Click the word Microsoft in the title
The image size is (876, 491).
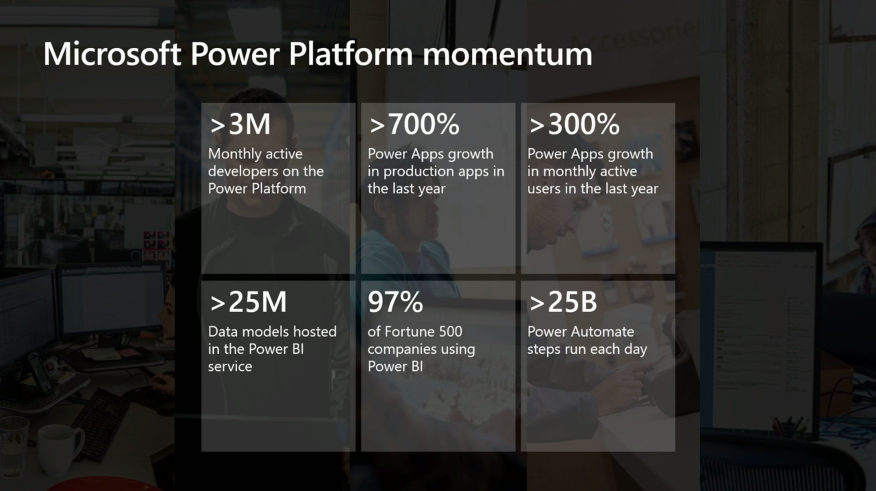click(112, 54)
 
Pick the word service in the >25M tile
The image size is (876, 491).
click(230, 367)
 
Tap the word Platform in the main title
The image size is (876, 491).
click(351, 54)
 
